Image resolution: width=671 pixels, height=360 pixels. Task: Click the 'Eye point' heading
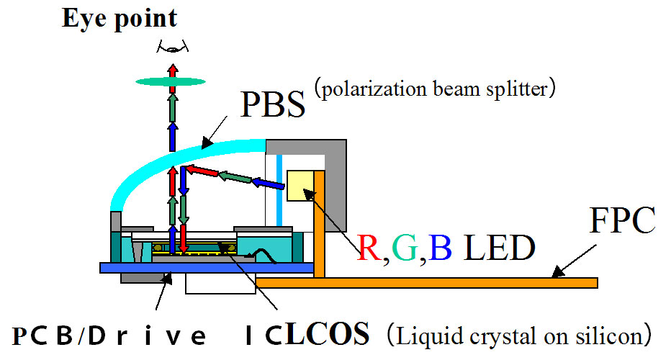point(120,19)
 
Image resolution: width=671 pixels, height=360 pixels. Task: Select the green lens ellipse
point(172,82)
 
